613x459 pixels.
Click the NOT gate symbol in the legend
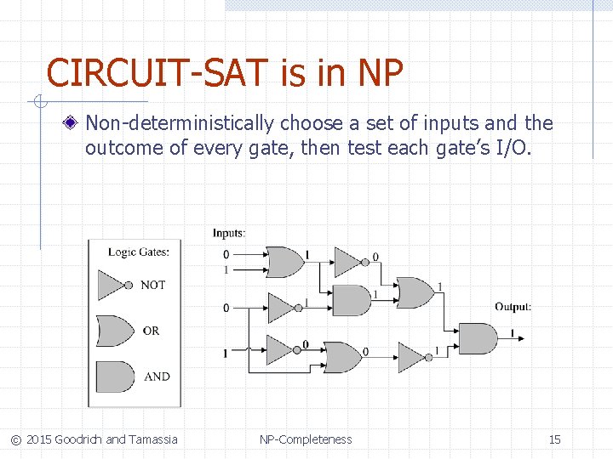[x=113, y=285]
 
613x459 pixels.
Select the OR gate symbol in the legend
[x=113, y=330]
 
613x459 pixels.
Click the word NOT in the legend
[x=152, y=285]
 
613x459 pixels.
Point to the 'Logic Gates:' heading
[x=139, y=252]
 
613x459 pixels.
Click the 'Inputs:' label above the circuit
[x=229, y=233]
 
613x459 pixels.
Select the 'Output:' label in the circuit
[x=513, y=307]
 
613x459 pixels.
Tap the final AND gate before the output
[x=477, y=337]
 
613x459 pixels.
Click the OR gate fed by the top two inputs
[x=284, y=262]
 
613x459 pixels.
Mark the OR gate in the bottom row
[x=343, y=356]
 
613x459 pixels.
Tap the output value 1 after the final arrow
[x=512, y=332]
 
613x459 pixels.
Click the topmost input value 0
[x=226, y=255]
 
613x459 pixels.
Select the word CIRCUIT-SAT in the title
[x=158, y=74]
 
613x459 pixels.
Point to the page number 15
[x=554, y=439]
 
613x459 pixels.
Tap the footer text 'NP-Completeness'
[x=306, y=439]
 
